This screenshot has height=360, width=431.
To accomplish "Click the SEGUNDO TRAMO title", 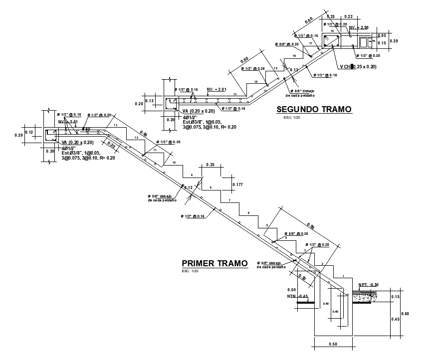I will click(314, 109).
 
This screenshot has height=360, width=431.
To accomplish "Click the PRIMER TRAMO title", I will click(215, 263).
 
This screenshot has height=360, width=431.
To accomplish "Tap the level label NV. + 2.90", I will click(359, 27).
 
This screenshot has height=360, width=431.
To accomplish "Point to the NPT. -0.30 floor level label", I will click(368, 285).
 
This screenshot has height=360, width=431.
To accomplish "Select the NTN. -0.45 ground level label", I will click(297, 296).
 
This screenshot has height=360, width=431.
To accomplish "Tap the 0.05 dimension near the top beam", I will click(382, 35).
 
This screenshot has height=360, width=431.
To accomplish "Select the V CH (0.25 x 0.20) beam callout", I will click(358, 66).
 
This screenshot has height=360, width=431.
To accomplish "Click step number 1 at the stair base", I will click(343, 276).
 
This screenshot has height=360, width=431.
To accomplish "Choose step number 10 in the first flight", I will click(174, 163).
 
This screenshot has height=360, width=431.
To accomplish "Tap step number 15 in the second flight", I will click(275, 68).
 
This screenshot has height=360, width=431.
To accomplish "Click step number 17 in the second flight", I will click(311, 43).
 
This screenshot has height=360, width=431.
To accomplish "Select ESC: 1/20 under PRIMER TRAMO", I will click(190, 271).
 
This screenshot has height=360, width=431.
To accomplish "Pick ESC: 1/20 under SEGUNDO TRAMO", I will click(292, 118).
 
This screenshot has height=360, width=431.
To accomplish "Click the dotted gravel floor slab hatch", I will click(365, 296).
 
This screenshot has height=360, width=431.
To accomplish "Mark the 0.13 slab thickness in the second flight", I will click(294, 70).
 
